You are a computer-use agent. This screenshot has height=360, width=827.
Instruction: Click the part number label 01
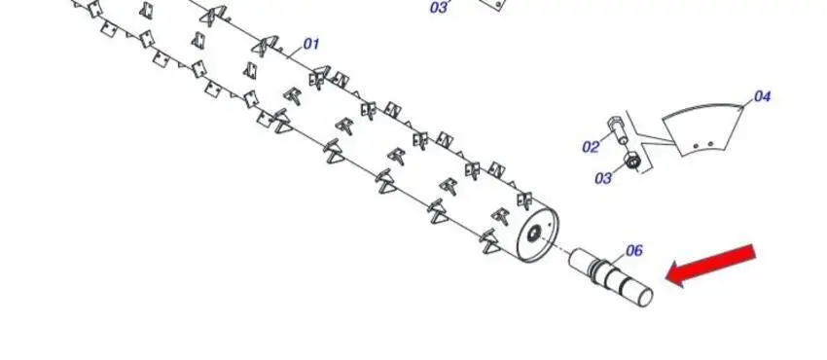(x=311, y=44)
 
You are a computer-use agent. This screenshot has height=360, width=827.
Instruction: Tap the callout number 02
(x=591, y=147)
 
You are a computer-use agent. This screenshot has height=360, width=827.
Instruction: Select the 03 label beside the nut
(x=603, y=179)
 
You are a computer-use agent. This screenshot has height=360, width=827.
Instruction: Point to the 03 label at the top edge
(x=439, y=8)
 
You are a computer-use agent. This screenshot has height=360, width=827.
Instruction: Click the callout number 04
(x=762, y=96)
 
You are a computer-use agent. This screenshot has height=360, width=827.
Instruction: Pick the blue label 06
(x=634, y=251)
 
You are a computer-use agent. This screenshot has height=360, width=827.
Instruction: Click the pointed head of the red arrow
(x=667, y=277)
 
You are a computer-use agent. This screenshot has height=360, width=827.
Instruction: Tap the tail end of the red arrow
(x=754, y=251)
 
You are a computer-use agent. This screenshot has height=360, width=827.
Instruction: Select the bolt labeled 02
(x=617, y=129)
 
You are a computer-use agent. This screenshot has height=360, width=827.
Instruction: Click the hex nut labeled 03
(x=631, y=160)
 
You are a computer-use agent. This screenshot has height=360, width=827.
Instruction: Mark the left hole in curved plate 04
(x=697, y=146)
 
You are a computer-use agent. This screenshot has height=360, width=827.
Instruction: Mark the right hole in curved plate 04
(x=710, y=143)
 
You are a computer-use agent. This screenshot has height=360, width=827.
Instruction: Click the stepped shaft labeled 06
(x=611, y=277)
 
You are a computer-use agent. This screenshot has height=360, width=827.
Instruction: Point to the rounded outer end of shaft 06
(x=646, y=298)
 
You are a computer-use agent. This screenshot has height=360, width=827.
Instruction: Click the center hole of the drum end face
(x=535, y=232)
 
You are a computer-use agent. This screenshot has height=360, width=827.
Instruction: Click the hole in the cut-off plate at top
(x=498, y=5)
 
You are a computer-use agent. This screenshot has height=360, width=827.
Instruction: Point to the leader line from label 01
(x=296, y=52)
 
